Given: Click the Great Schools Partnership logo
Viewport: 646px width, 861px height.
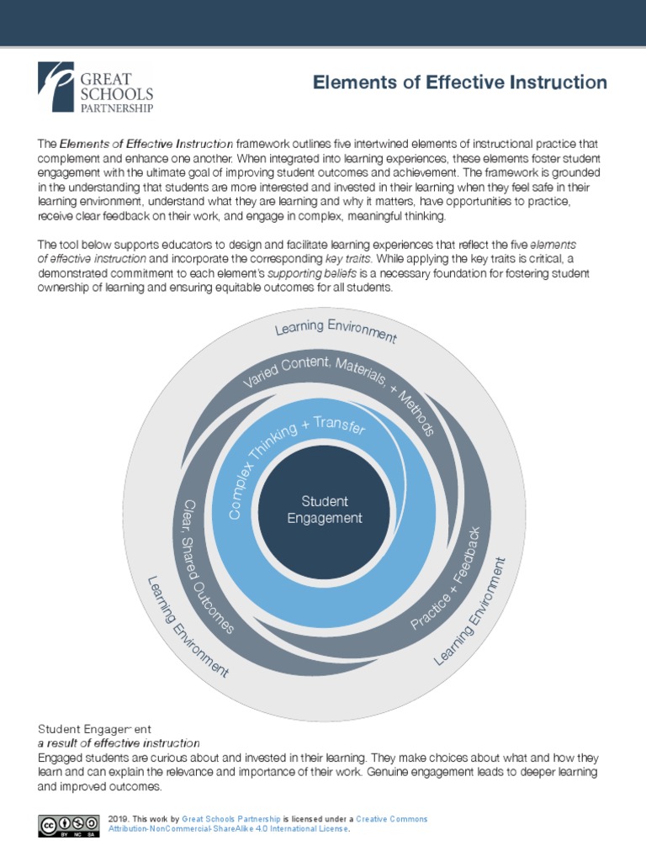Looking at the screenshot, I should pyautogui.click(x=95, y=87).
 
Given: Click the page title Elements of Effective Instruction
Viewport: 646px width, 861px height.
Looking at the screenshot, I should pyautogui.click(x=459, y=82).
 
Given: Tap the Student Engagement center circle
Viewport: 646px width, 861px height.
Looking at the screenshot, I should pyautogui.click(x=325, y=510).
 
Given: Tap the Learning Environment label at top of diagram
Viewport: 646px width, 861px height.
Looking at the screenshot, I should pyautogui.click(x=336, y=330).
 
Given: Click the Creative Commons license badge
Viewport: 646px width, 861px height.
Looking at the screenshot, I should pyautogui.click(x=67, y=825).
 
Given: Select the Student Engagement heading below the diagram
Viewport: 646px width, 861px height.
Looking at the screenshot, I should pyautogui.click(x=94, y=728).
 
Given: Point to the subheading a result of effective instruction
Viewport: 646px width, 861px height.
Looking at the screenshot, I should pyautogui.click(x=119, y=743).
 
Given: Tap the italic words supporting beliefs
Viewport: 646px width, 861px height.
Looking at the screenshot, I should pyautogui.click(x=319, y=273).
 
